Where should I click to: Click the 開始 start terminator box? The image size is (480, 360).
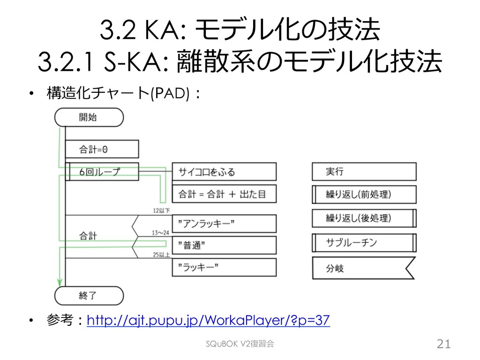pos(89,117)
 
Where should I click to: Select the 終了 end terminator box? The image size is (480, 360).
pos(89,295)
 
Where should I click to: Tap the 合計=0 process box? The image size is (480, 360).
pos(101,150)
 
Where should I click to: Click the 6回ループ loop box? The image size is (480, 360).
pos(101,172)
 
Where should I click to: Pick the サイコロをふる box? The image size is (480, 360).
pos(224,172)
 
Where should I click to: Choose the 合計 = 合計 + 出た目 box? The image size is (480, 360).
pos(224,194)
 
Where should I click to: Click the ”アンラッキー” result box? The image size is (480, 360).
pos(224,223)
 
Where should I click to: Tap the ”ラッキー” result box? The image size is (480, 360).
pos(224,267)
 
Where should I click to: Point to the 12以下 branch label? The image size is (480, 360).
pos(161,210)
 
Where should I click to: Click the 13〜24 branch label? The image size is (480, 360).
pos(161,232)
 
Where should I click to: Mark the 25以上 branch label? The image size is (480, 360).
pos(161,255)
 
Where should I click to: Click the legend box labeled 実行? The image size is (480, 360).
pos(364,172)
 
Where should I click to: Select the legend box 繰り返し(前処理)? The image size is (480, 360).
pos(364,194)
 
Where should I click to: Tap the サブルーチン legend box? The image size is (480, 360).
pos(364,243)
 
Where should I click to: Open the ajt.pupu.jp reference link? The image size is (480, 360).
pos(209,321)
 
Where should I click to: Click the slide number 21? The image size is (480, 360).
pos(443,345)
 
